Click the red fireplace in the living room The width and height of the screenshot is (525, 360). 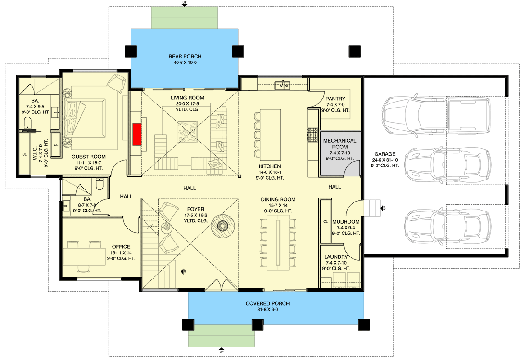click(136, 134)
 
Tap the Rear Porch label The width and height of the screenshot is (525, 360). click(185, 57)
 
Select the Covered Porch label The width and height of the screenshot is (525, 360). click(267, 303)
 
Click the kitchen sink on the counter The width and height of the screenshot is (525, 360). click(282, 85)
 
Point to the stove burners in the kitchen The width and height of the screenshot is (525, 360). click(313, 135)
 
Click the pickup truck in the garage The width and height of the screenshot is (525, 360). click(436, 114)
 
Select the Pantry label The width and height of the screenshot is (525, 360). click(335, 99)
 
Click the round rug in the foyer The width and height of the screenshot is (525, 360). click(222, 226)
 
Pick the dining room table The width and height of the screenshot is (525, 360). click(278, 243)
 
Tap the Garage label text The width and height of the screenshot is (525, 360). click(385, 154)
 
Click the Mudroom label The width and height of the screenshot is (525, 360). click(346, 222)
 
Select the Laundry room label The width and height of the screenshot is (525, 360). click(336, 257)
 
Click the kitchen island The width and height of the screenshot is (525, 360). click(270, 134)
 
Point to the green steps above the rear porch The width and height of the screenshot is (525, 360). click(185, 18)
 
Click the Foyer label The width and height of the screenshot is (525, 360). click(195, 209)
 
